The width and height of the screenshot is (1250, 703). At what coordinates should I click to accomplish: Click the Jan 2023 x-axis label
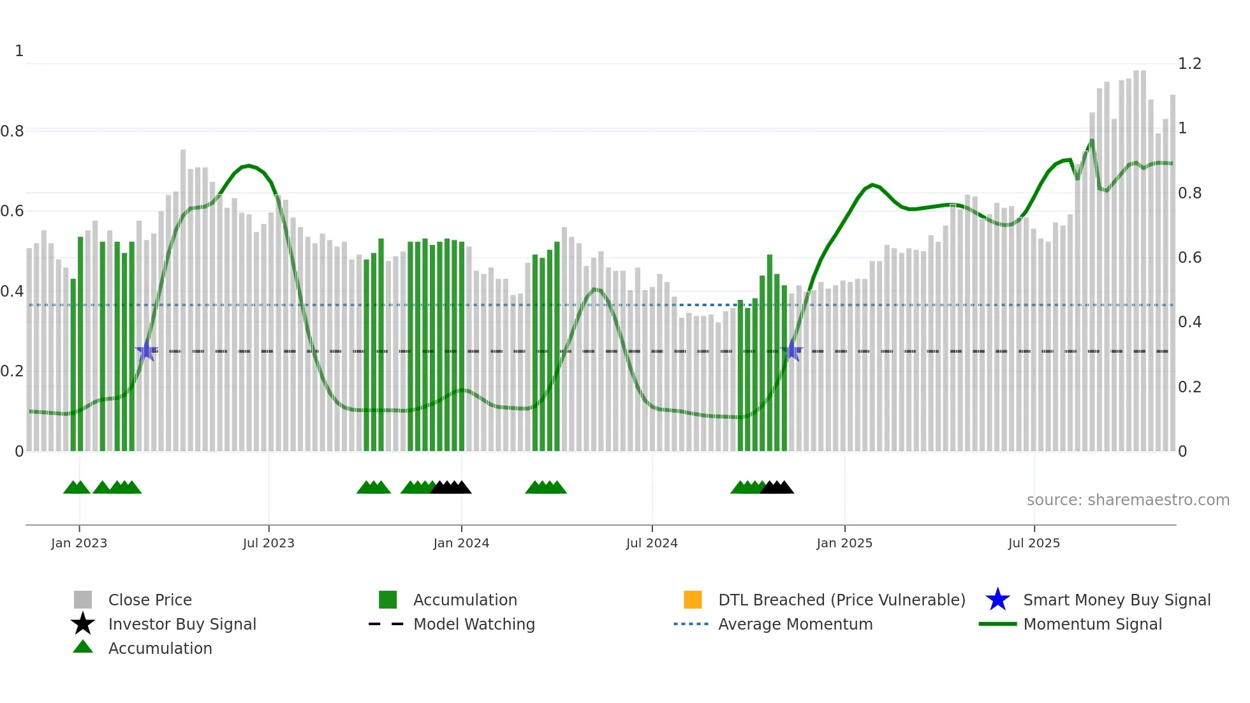click(79, 543)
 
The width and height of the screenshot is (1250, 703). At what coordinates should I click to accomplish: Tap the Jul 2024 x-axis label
click(652, 543)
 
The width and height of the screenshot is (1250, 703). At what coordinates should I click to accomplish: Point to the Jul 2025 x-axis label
click(1034, 543)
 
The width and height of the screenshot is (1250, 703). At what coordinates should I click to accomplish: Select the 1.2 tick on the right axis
click(1189, 64)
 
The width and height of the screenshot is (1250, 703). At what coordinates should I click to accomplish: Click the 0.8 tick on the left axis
click(12, 131)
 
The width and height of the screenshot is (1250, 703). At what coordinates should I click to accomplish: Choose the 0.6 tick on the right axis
click(1189, 258)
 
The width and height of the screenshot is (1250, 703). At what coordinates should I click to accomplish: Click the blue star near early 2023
click(146, 351)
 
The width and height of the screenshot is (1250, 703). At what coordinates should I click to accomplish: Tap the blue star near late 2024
click(791, 351)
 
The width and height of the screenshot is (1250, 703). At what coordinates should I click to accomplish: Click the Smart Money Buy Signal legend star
click(997, 600)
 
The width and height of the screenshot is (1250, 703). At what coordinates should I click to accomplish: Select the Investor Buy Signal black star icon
click(83, 624)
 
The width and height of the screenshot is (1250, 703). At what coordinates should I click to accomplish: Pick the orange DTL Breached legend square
click(693, 600)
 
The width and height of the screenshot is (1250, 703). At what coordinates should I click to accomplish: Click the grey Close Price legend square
click(83, 600)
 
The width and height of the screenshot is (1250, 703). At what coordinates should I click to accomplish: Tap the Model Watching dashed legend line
click(386, 624)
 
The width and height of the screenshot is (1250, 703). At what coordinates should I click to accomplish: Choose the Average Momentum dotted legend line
click(691, 624)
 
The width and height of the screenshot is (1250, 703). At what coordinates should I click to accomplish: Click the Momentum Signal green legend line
click(997, 624)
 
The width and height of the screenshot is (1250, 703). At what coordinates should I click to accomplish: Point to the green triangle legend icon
click(83, 647)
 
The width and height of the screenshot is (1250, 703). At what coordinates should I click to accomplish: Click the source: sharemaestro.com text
click(1128, 500)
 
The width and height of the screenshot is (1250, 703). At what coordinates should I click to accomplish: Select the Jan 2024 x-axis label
click(461, 543)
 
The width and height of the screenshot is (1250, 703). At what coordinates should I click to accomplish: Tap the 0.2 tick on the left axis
click(12, 371)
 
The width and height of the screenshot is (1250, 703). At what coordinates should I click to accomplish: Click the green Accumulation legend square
click(388, 600)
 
